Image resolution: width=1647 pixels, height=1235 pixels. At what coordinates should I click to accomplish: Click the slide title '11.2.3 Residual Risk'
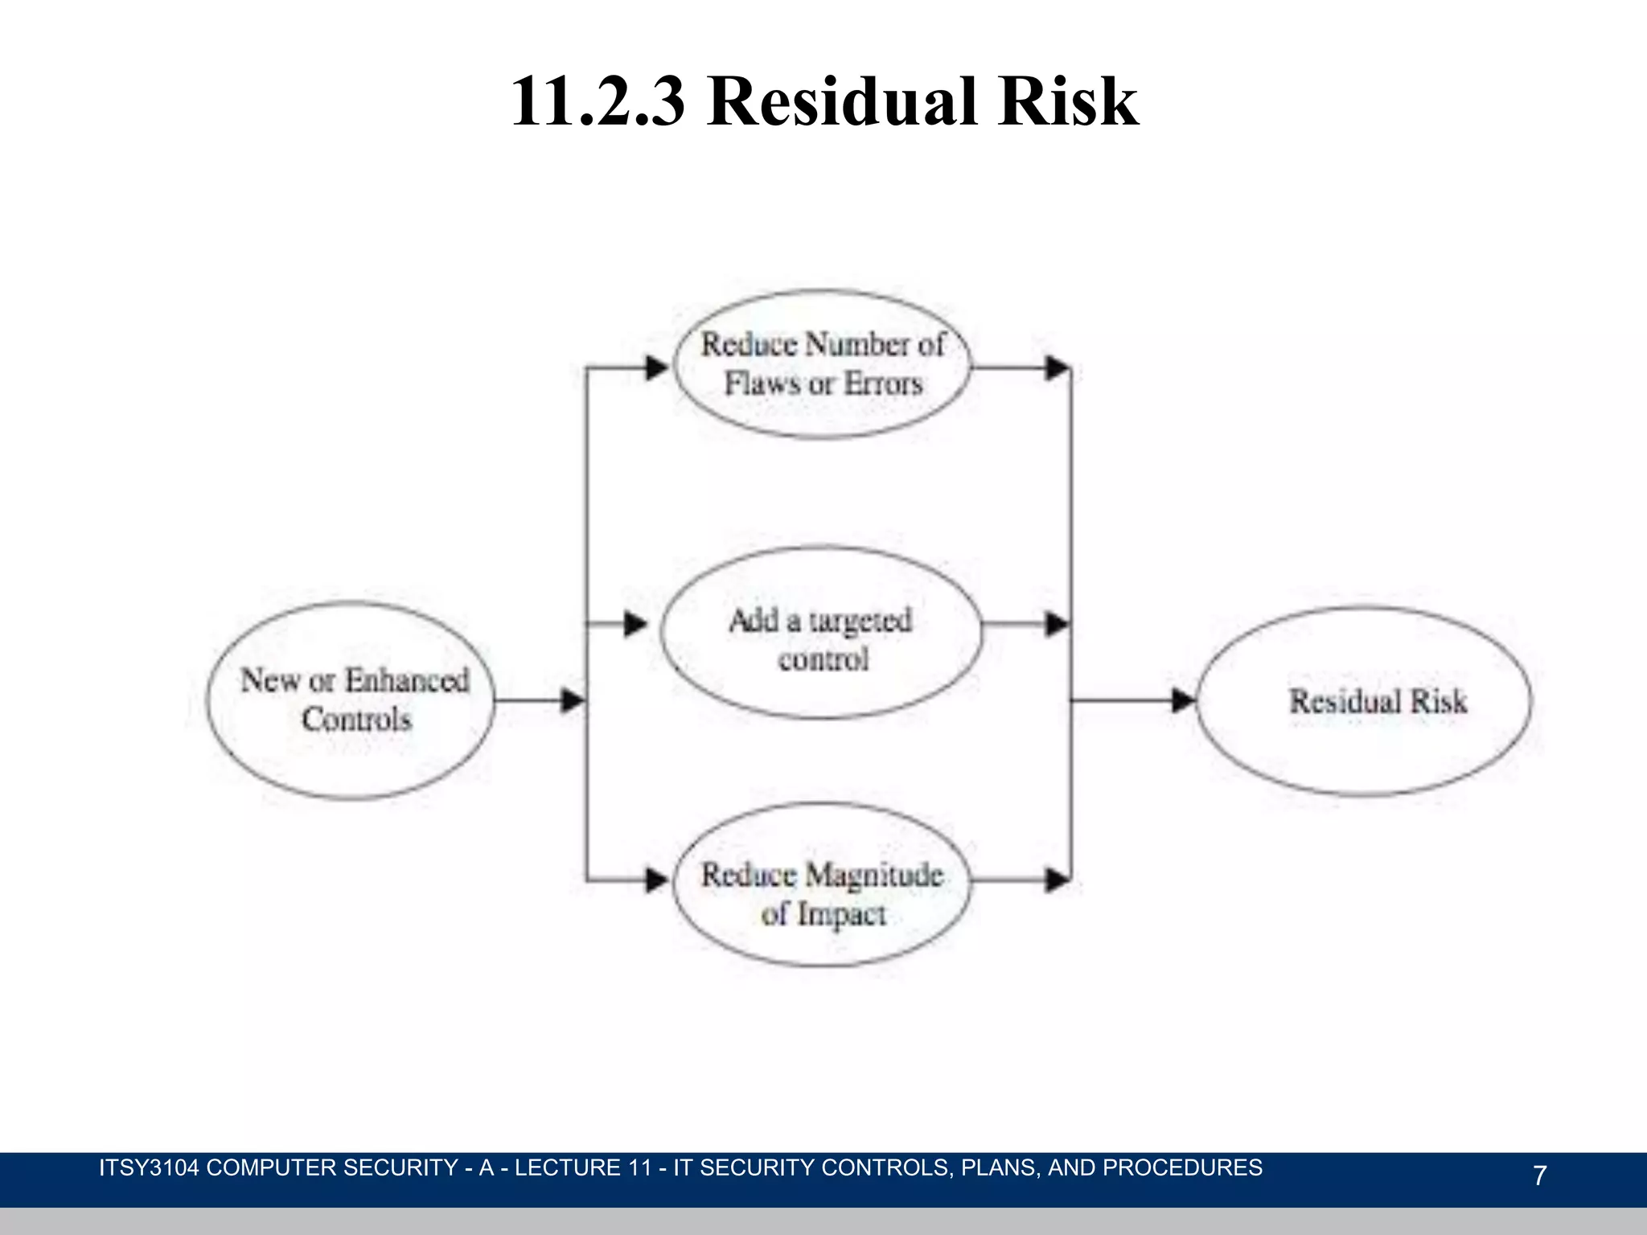click(x=823, y=101)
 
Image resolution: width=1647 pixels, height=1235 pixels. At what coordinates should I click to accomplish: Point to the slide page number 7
click(x=1539, y=1176)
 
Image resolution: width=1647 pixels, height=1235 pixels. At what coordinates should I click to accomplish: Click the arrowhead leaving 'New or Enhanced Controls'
click(x=573, y=700)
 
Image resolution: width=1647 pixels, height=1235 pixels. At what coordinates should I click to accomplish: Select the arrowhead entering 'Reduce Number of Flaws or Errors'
click(x=657, y=368)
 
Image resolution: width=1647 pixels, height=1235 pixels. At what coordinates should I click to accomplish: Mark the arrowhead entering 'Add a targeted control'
click(x=636, y=623)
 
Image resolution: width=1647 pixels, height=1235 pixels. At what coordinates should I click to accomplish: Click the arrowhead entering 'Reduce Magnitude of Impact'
click(x=657, y=880)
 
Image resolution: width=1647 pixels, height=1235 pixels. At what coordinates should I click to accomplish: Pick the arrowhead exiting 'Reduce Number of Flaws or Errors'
click(x=1057, y=368)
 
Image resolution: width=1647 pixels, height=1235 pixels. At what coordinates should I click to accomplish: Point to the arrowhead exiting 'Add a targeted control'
click(x=1057, y=623)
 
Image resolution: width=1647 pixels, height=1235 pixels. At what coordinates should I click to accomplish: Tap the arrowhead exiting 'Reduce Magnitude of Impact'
click(x=1057, y=880)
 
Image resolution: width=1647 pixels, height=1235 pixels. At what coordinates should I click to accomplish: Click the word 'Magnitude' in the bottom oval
click(x=874, y=875)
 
